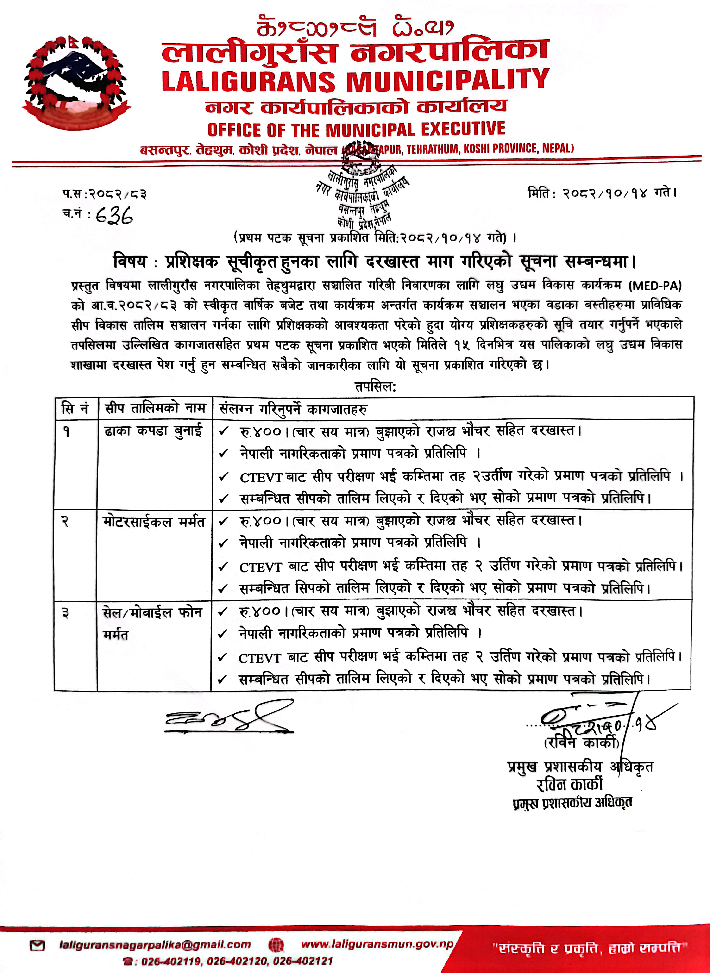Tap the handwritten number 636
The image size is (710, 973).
(x=114, y=217)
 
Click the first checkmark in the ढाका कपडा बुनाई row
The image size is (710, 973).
(x=224, y=431)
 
